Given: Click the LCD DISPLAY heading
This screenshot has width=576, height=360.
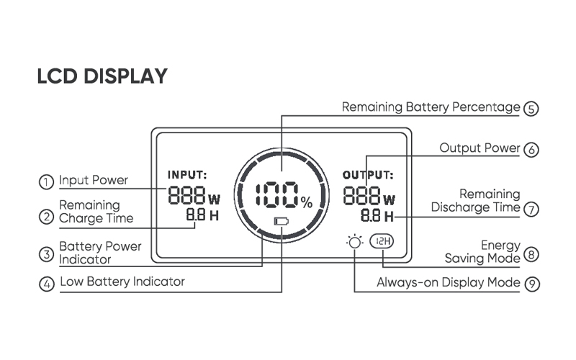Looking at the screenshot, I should (102, 76).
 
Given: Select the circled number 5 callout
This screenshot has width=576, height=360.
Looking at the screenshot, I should (531, 109).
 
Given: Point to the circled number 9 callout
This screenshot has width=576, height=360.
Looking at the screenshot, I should (531, 284).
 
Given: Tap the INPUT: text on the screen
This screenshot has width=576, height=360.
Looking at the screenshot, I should (187, 174).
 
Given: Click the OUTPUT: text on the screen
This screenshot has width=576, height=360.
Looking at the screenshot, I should (367, 174).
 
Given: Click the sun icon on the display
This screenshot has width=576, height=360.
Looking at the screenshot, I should (354, 243).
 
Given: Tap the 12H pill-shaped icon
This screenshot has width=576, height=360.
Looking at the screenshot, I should (382, 242).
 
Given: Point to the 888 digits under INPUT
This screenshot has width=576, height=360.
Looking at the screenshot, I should (187, 195).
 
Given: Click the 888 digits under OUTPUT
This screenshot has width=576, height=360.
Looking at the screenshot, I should (362, 195).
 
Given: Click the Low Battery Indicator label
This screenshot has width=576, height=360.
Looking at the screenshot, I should (122, 282).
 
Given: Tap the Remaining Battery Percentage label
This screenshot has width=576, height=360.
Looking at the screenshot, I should (430, 107).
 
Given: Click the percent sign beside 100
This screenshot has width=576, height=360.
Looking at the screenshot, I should (307, 203).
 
